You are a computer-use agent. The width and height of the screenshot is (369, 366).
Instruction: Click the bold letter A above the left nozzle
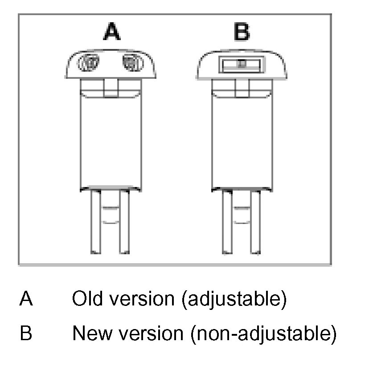(x=112, y=33)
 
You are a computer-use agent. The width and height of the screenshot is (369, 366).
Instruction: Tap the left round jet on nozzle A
(x=88, y=63)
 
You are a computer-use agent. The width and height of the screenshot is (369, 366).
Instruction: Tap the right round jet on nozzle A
(x=132, y=63)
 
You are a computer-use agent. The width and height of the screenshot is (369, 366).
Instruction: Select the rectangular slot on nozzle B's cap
(x=241, y=64)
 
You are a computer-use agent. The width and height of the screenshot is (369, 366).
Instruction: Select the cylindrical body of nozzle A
(x=110, y=142)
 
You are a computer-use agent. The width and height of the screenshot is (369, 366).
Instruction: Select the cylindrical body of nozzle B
(x=241, y=142)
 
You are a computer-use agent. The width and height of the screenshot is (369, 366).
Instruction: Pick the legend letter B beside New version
(x=26, y=333)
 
